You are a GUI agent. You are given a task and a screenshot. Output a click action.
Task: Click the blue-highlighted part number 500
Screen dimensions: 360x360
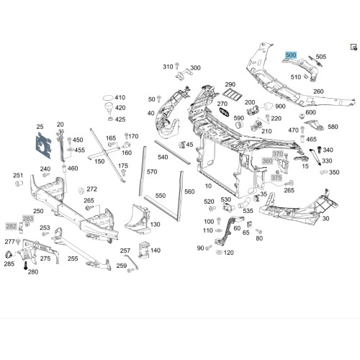[291, 55]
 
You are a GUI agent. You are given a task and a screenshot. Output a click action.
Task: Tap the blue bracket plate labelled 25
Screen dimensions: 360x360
[43, 145]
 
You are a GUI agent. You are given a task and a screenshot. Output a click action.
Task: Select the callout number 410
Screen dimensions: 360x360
[120, 97]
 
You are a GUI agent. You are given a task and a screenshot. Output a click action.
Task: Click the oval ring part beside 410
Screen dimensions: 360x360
[108, 98]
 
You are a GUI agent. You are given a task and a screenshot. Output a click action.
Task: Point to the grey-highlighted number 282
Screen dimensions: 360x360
[12, 226]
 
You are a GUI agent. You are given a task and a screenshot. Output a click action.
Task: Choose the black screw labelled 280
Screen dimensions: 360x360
[25, 266]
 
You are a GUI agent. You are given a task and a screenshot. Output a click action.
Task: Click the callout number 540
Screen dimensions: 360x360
[163, 157]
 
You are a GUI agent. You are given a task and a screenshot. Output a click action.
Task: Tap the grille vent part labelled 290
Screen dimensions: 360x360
[231, 94]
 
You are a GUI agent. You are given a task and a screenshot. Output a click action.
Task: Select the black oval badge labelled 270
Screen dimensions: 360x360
[225, 112]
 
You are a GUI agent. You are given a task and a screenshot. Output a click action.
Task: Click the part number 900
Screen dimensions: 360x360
[280, 107]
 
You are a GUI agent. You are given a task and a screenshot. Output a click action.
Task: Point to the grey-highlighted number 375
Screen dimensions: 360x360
[276, 178]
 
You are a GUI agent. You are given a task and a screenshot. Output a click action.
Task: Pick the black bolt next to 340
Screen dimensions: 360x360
[320, 150]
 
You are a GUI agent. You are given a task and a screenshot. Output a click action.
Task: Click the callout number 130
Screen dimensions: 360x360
[155, 225]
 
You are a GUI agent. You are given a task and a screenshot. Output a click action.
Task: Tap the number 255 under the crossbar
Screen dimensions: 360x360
[73, 258]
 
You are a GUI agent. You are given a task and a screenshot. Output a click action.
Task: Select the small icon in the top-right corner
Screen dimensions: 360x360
[354, 47]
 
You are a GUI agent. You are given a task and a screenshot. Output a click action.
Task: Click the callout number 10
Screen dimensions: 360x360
[208, 186]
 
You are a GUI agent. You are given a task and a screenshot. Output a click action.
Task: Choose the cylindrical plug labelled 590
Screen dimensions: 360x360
[239, 125]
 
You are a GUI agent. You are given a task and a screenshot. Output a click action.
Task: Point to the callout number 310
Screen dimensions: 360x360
[168, 67]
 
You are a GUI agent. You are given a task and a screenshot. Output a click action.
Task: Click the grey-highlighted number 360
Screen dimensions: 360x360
[267, 161]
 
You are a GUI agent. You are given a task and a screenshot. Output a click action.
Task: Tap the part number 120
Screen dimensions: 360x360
[229, 253]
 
